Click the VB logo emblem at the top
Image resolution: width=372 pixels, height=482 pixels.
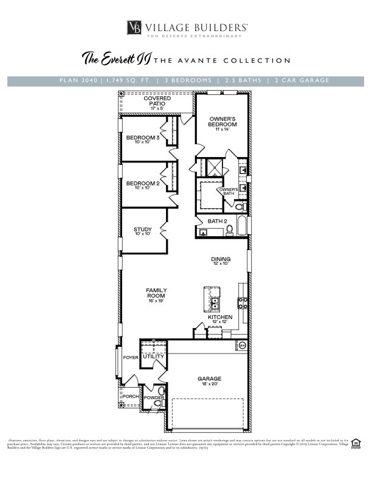pos(135,27)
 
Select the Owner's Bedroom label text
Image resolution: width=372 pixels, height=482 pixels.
pos(222,121)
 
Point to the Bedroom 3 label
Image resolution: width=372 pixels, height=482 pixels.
pos(142,139)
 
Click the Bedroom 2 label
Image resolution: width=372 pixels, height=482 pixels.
pos(142,184)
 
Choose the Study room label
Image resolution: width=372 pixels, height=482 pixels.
pos(143,231)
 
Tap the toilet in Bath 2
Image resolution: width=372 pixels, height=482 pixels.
pos(229,230)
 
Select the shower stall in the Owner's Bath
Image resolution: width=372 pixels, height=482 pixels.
pos(213,168)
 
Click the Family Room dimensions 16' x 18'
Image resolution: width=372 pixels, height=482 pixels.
pos(156,301)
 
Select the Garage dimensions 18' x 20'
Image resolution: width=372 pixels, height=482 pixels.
pos(208,385)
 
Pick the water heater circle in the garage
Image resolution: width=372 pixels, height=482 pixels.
pos(242,345)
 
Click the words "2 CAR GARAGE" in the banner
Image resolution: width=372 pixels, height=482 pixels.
pos(302,80)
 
